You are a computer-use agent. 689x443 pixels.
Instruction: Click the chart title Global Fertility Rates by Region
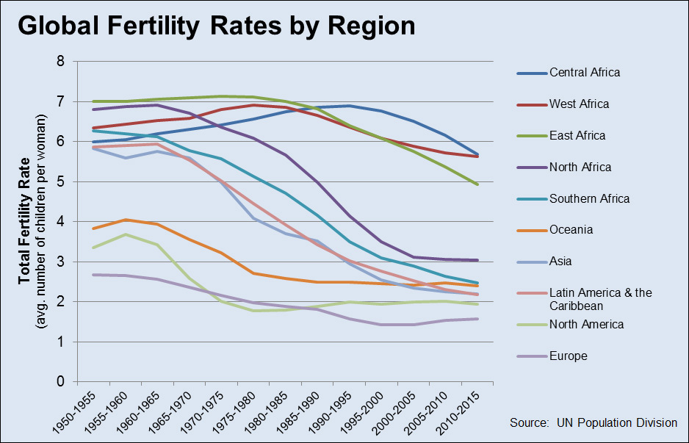217,26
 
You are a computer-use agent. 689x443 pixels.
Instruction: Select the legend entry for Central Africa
585,72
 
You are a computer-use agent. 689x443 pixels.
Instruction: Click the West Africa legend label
579,104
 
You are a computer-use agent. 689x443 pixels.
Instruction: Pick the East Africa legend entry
577,135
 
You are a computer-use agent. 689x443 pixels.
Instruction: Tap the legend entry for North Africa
580,167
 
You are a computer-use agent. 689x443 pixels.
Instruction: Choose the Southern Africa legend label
589,198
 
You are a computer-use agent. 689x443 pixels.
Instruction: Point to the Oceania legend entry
571,230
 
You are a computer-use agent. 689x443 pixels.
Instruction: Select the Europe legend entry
568,356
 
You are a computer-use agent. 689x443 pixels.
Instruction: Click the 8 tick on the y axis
60,61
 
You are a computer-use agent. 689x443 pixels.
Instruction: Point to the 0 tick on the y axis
60,382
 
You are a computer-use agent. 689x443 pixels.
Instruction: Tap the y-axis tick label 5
60,181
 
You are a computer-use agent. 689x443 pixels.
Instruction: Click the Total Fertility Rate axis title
24,221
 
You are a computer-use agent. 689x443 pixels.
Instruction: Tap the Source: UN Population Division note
593,422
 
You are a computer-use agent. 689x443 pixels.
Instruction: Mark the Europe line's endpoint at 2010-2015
477,319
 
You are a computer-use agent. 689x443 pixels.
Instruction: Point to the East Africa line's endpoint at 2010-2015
477,184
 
